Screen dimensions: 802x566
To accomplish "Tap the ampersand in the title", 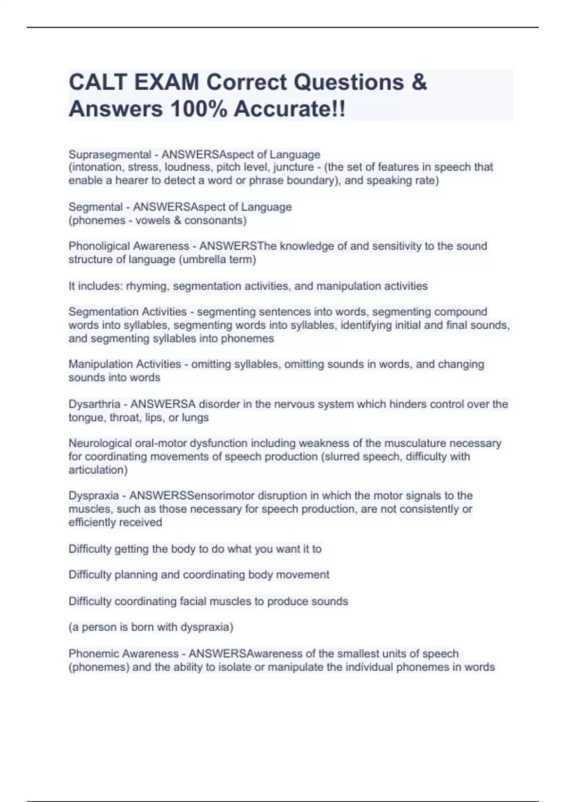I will pyautogui.click(x=419, y=83).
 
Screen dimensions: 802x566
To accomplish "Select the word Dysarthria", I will pyautogui.click(x=94, y=404).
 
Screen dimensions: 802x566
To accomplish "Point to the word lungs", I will pyautogui.click(x=195, y=417).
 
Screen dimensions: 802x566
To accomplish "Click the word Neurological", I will pyautogui.click(x=100, y=443).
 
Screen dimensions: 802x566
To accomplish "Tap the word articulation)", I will pyautogui.click(x=98, y=469).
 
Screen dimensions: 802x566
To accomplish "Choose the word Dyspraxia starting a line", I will pyautogui.click(x=94, y=495).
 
